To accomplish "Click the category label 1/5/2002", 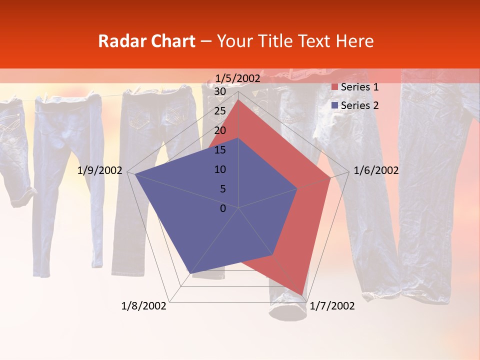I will (238, 78).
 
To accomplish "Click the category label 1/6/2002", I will (376, 170).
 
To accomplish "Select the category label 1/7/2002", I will (332, 306).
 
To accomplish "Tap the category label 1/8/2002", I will (144, 306).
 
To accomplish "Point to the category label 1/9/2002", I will (100, 170).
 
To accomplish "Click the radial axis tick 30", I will (219, 91).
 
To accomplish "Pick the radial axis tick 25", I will (219, 111).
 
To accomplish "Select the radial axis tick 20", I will (219, 130).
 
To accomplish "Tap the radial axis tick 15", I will (219, 150).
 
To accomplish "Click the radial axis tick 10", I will (219, 169).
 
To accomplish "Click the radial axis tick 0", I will (222, 208).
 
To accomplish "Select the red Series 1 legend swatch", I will (334, 87).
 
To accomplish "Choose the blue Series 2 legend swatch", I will (334, 105).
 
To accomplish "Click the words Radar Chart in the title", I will (146, 41).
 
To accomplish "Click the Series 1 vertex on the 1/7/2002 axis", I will (302, 295).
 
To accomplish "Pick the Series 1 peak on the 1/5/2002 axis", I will (238, 99).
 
